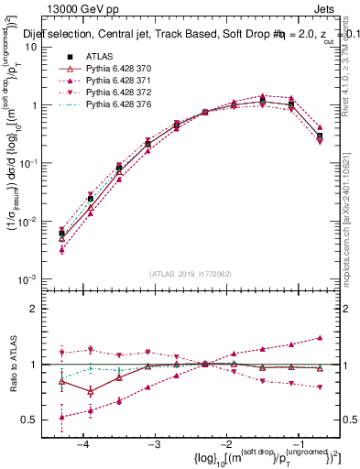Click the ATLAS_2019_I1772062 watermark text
click(x=189, y=273)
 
